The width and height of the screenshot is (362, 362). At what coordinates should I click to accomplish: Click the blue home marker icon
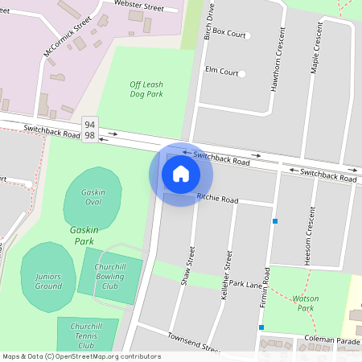(x=181, y=173)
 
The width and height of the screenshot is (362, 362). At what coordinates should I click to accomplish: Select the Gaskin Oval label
(x=99, y=198)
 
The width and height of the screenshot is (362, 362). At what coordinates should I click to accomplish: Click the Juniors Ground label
(x=48, y=281)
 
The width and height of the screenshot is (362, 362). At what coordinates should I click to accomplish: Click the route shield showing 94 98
(x=89, y=129)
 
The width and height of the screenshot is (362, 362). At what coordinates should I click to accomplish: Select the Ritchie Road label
(x=217, y=199)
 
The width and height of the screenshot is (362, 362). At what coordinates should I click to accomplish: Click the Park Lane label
(x=246, y=284)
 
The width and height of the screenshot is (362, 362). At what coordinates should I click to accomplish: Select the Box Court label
(x=225, y=35)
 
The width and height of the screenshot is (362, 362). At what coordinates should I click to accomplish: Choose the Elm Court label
(x=222, y=71)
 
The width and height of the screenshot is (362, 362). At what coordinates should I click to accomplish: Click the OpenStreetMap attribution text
(x=81, y=356)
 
